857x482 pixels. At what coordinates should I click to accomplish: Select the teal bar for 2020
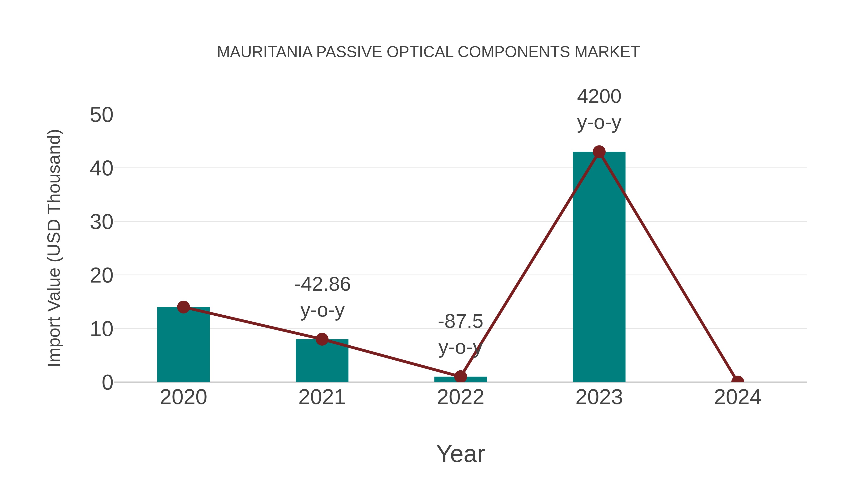(183, 346)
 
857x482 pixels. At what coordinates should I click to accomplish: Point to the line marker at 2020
(183, 307)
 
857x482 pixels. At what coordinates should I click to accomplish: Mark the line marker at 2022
(460, 377)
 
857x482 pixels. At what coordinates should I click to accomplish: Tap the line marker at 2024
(737, 381)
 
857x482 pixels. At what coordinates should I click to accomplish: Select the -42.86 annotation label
(322, 285)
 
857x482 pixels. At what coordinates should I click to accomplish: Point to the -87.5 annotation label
(460, 322)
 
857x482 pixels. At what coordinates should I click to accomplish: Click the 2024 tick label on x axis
(737, 398)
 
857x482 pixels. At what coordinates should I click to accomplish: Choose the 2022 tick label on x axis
(460, 398)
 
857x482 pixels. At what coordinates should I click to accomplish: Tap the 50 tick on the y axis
(101, 115)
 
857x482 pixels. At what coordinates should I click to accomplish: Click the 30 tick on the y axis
(101, 222)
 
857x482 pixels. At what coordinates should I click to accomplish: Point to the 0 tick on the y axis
(107, 383)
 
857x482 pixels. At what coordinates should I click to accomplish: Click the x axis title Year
(460, 454)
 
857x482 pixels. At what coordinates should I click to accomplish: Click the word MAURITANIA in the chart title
(264, 52)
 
